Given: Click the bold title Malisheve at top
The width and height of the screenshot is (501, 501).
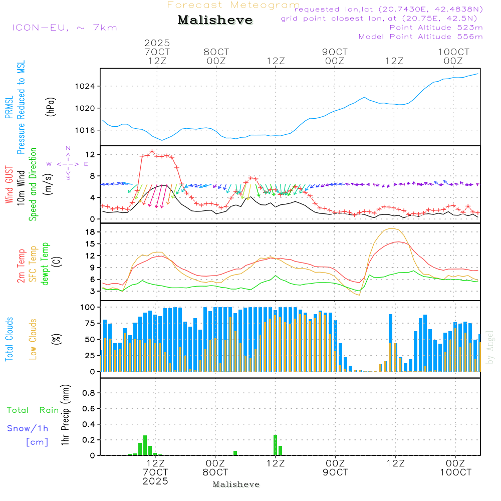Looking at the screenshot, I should coord(215,21).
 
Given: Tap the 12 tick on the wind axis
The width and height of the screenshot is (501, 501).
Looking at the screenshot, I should coord(92,154).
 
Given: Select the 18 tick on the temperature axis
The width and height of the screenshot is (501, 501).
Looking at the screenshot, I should coord(92,232).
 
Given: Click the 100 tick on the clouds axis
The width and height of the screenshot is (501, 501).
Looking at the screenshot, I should coord(88,307).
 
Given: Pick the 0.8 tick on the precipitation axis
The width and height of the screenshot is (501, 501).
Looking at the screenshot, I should coord(89,393).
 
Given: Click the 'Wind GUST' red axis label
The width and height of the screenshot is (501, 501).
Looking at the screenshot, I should coord(9,185).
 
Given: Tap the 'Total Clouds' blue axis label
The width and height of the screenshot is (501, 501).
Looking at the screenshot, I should coord(9,339).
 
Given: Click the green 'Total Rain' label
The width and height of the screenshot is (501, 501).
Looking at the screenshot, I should coord(33,410).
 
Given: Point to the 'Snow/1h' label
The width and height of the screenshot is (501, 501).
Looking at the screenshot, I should coord(28,428).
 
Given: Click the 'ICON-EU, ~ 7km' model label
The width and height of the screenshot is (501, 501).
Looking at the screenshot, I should coord(64,28).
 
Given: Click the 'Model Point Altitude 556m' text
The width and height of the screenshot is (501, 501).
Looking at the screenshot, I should coord(420,37).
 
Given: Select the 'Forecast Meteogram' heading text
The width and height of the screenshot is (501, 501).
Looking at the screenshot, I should coord(233,5).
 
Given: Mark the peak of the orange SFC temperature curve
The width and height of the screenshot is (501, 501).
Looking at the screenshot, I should coord(393,228).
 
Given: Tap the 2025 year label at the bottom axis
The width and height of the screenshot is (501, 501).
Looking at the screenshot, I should coord(155,481).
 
